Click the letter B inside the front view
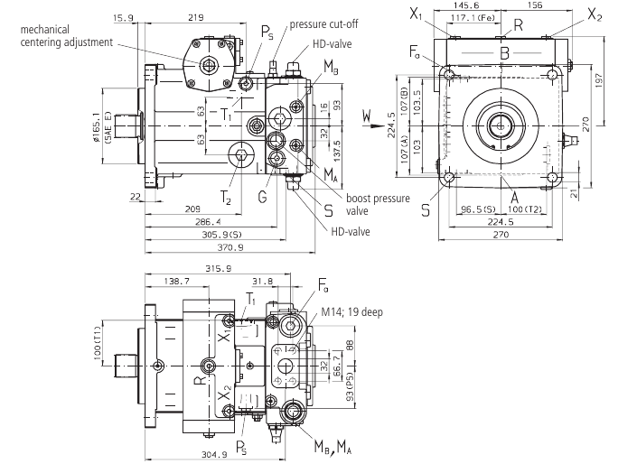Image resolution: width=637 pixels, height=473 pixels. coord(504,54)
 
